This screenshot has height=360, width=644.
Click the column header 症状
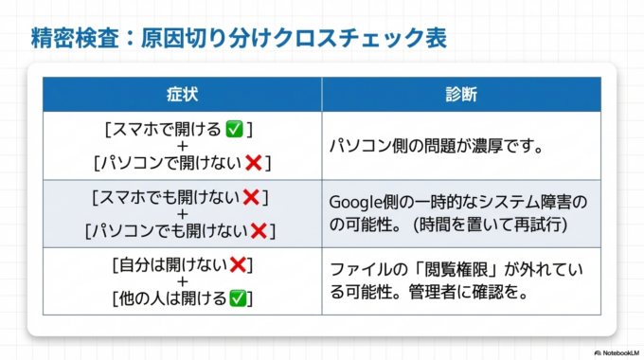pos(182,95)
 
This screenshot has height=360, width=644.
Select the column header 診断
pos(460,95)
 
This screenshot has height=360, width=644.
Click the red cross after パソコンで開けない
pos(253,164)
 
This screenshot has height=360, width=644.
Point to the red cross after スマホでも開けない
pos(251,198)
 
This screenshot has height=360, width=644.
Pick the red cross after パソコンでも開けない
pos(258,230)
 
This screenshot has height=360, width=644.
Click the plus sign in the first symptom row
pos(182,146)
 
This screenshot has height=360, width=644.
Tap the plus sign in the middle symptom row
pos(182,214)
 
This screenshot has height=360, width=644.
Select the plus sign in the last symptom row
pos(182,281)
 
